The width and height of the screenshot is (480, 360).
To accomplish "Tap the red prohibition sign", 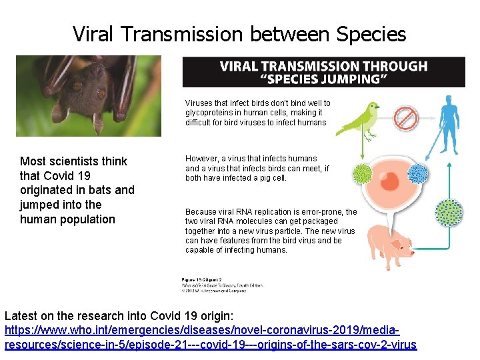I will tap(405, 118).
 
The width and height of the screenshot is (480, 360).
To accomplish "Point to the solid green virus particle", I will tap(362, 175).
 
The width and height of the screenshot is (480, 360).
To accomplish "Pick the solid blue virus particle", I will tap(417, 174).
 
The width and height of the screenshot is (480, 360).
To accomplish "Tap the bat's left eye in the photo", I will tap(78, 86).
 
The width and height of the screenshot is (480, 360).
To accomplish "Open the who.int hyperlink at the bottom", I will tap(210, 338).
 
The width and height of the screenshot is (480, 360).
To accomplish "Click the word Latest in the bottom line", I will tap(21, 315).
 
